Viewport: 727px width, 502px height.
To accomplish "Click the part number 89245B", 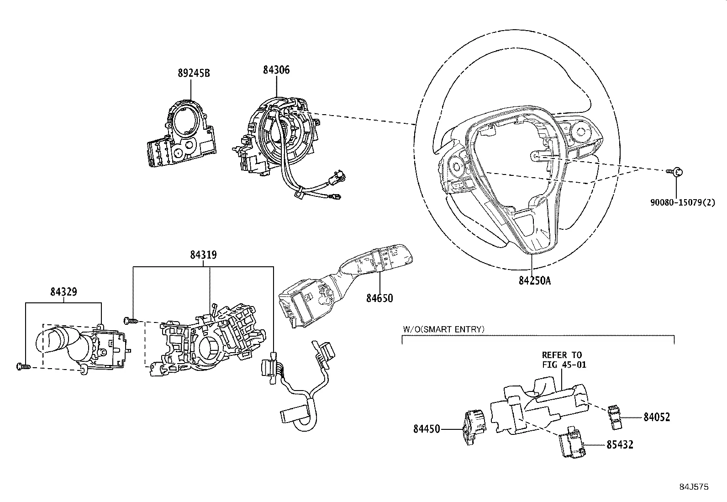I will pyautogui.click(x=194, y=73).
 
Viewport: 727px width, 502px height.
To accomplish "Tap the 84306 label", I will pyautogui.click(x=276, y=70).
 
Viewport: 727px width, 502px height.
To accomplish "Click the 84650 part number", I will pyautogui.click(x=379, y=298).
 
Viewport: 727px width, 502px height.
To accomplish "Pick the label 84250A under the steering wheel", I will pyautogui.click(x=535, y=280).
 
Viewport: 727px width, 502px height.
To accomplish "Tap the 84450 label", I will pyautogui.click(x=427, y=429).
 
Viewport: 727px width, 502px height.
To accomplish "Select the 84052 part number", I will pyautogui.click(x=657, y=417).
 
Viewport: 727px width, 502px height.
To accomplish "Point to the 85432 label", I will pyautogui.click(x=620, y=444).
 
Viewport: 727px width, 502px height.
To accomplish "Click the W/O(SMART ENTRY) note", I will pyautogui.click(x=443, y=329).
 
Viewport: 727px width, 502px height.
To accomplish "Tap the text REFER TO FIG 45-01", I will pyautogui.click(x=564, y=359).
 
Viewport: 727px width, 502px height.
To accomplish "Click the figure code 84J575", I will pyautogui.click(x=693, y=487).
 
